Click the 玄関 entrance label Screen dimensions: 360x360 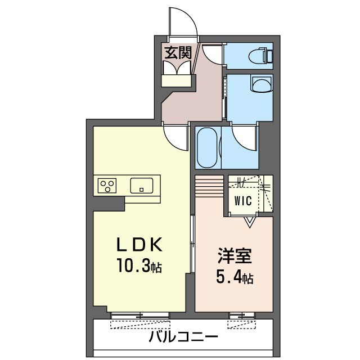click(178, 53)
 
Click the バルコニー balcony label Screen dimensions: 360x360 click(183, 337)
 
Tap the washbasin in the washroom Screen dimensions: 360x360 click(261, 85)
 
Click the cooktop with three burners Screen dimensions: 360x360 click(107, 184)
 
